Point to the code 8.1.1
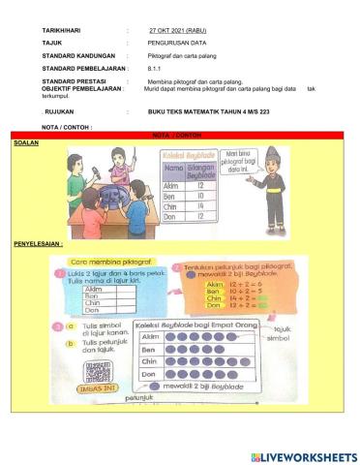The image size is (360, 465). point(154,69)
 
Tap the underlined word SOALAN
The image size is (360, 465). point(25,141)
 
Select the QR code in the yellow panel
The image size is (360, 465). point(94,371)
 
